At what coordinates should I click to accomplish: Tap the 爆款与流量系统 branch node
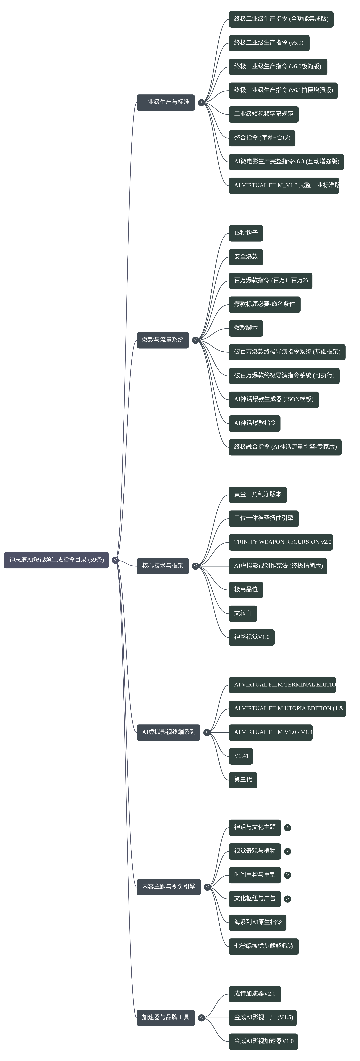point(163,340)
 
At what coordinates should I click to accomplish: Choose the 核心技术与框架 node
point(163,566)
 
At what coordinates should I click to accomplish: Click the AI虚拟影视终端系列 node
point(168,732)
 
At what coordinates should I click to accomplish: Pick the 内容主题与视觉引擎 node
point(168,886)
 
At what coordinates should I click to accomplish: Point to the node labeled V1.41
point(241,756)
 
